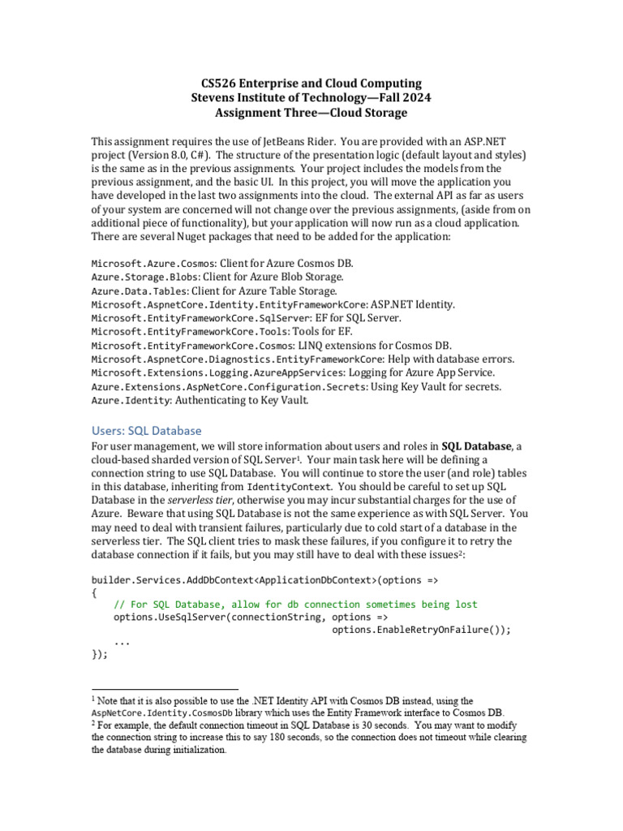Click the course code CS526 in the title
coord(220,83)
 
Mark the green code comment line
coord(295,605)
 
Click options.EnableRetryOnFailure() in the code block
coord(422,630)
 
